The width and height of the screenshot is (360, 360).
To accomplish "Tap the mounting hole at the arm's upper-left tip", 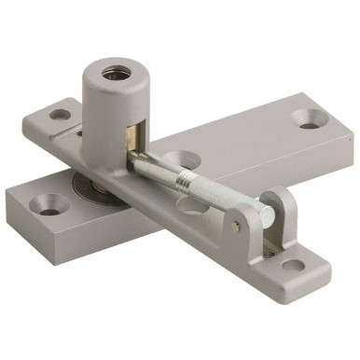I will [x=59, y=115].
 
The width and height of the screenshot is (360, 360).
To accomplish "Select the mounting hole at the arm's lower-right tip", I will [x=293, y=265].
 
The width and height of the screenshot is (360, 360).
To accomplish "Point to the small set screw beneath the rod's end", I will [x=270, y=246].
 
